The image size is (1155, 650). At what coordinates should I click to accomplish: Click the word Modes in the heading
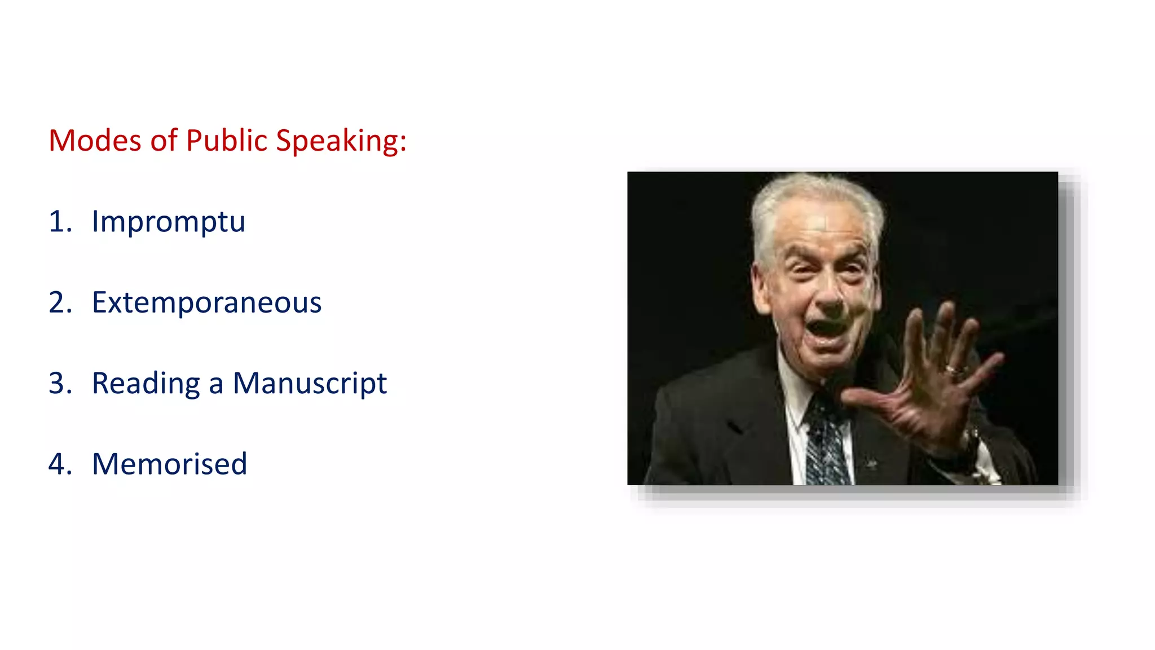[95, 140]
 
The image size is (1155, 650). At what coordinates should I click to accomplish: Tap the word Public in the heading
[226, 140]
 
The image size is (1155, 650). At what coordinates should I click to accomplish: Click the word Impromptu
[168, 221]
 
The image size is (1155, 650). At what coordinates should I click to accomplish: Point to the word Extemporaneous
[206, 302]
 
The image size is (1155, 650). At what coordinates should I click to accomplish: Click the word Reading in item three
[146, 383]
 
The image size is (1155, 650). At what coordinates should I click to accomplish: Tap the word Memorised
[169, 464]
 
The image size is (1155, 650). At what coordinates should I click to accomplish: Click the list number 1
[59, 221]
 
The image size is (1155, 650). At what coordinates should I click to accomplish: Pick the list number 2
[59, 302]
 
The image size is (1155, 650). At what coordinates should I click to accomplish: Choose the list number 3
[59, 383]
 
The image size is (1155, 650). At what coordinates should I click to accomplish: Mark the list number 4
[59, 464]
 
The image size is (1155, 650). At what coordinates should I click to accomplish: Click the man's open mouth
[828, 331]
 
